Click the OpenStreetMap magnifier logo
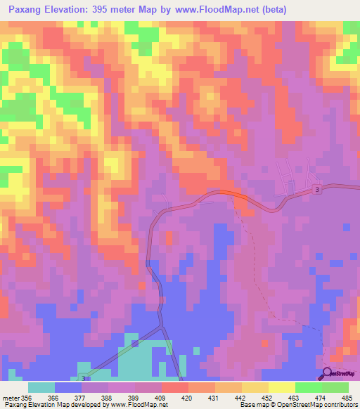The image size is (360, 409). coord(328,373)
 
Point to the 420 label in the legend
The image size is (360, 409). coord(187,398)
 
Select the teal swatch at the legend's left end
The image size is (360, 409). coord(41,387)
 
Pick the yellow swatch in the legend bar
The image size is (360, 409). coord(281,387)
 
